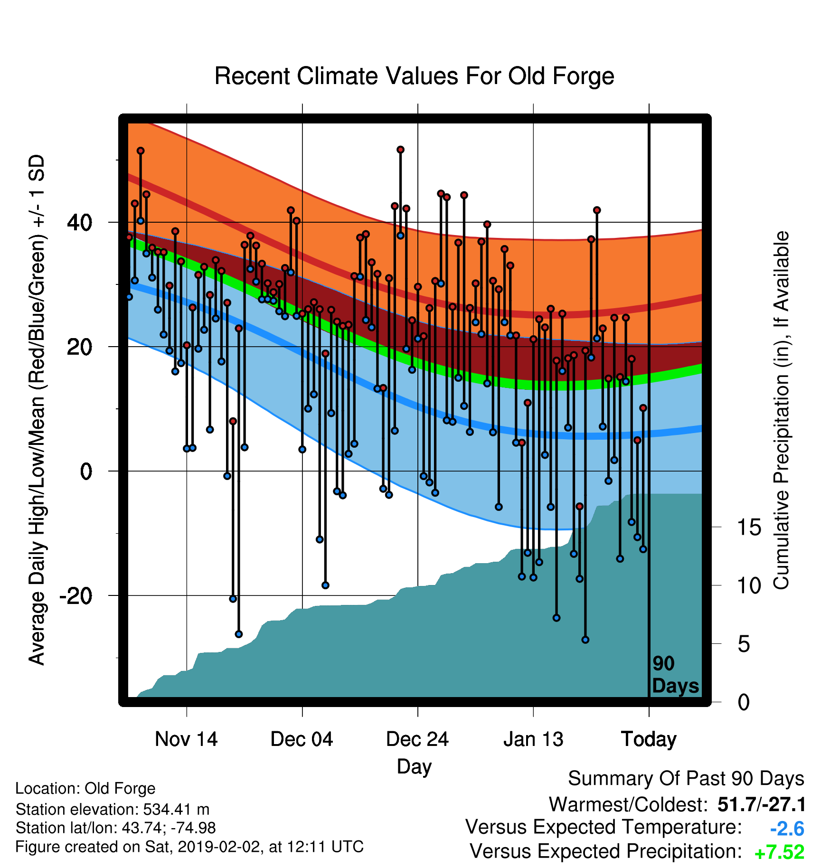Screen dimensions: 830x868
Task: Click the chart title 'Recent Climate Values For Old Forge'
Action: tap(414, 76)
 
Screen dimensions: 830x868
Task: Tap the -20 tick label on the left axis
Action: tap(76, 595)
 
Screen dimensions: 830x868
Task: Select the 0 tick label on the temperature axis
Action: tap(86, 471)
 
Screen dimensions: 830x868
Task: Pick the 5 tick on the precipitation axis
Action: tap(744, 644)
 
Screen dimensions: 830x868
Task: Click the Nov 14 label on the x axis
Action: tap(186, 739)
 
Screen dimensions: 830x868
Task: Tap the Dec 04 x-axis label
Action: tap(302, 739)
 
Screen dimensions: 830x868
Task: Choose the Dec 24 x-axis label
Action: tap(417, 739)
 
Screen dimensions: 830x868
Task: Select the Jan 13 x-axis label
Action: tap(533, 739)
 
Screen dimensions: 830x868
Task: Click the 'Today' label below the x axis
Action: tap(649, 739)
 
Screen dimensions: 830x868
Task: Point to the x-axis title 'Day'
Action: tap(415, 766)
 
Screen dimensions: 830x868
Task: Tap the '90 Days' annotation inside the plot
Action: tap(675, 675)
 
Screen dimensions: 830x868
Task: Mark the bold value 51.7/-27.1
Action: tap(762, 804)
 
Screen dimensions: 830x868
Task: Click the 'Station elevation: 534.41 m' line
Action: tap(113, 809)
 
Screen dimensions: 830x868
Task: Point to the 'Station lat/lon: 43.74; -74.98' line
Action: tap(116, 828)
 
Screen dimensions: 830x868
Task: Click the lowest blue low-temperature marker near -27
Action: tap(585, 640)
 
